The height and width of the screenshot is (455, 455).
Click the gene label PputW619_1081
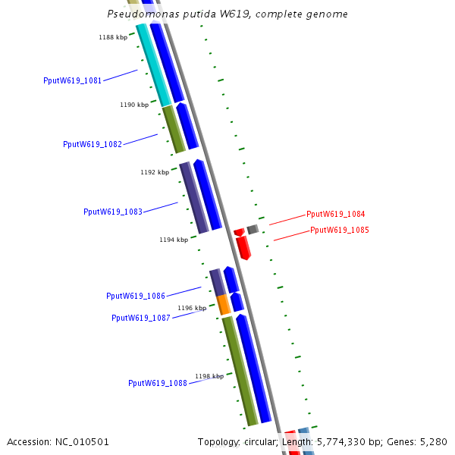(x=73, y=80)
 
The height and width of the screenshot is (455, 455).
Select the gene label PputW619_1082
(x=93, y=144)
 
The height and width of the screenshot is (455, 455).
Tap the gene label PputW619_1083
(x=113, y=212)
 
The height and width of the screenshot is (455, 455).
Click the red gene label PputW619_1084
(x=335, y=215)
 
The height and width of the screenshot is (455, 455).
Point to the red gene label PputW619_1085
(x=339, y=230)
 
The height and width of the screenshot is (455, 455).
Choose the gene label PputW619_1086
(x=136, y=296)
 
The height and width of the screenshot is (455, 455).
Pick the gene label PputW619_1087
(x=141, y=318)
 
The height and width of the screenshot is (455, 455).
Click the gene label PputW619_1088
(x=158, y=383)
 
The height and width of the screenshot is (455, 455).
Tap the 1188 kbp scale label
(x=113, y=37)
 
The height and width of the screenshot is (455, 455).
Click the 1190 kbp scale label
(x=134, y=105)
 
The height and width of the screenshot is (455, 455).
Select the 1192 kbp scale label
(x=155, y=172)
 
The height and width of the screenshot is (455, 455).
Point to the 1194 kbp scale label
(x=174, y=240)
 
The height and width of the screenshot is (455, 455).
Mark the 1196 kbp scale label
(x=192, y=308)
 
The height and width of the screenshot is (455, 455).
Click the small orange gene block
(x=224, y=305)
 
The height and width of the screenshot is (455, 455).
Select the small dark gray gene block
(x=253, y=229)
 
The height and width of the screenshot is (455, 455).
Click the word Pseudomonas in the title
(x=138, y=14)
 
